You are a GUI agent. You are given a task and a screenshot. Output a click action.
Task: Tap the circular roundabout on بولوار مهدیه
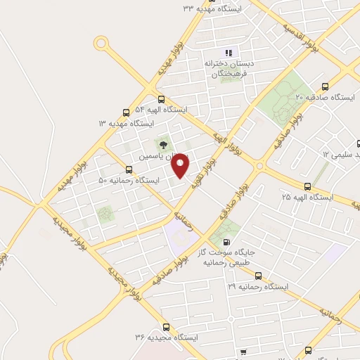(x=102, y=44)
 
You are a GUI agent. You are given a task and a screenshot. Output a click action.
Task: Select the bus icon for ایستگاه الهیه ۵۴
(x=162, y=99)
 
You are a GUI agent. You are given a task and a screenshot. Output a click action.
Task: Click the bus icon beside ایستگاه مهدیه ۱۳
(x=127, y=111)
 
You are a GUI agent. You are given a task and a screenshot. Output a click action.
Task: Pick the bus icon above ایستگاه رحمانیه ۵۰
(x=128, y=169)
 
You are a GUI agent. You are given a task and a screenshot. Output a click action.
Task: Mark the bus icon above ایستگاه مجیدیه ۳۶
(x=166, y=327)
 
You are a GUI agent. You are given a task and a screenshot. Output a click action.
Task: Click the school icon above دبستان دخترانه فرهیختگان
(x=228, y=53)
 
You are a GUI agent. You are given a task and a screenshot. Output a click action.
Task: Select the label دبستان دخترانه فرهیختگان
(x=228, y=68)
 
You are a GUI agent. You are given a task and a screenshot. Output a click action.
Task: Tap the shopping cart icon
(x=243, y=352)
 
